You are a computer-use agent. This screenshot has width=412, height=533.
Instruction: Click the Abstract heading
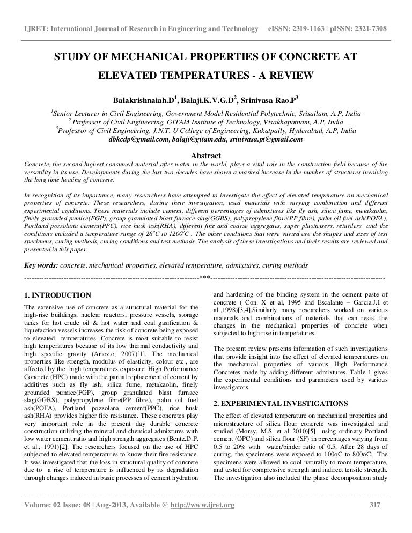(205, 154)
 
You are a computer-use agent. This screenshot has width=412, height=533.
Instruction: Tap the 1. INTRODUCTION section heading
(58, 295)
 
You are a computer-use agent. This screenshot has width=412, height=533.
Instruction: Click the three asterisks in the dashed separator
(204, 278)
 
